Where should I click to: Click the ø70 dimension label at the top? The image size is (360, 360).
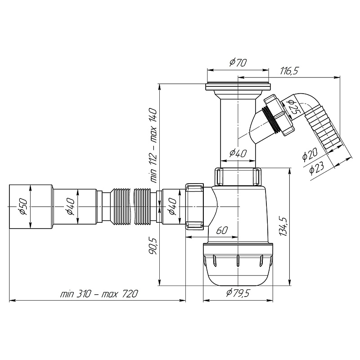pos(238,64)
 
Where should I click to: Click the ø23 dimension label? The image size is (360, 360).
pos(317,167)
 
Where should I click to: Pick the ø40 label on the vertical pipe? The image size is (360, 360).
pos(237,153)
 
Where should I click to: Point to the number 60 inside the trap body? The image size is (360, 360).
pos(221,230)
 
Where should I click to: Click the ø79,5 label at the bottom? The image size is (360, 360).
pos(238,293)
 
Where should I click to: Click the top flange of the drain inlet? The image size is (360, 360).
pos(238,87)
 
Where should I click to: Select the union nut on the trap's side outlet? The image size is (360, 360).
pos(195,206)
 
